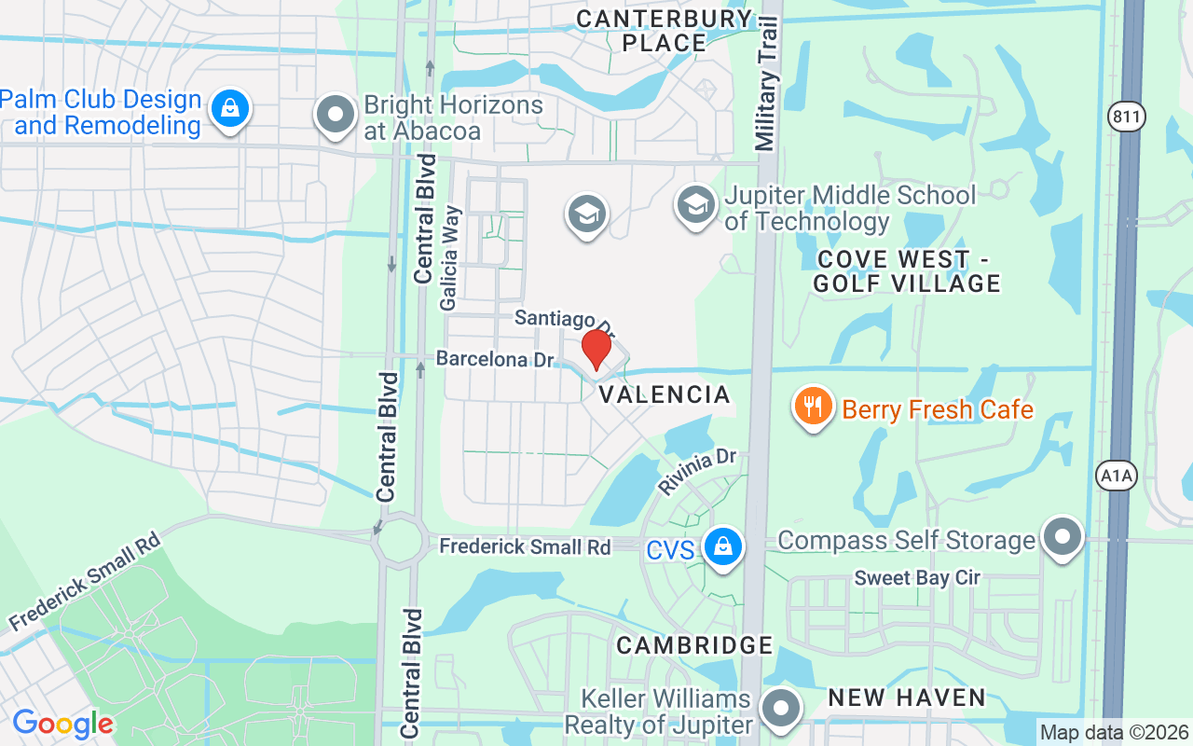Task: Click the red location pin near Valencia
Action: coord(596,350)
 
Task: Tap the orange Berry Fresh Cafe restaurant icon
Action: coord(814,407)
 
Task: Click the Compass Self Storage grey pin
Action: coord(1062,538)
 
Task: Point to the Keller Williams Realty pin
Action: coord(782,709)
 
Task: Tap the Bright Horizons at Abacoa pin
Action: coord(336,116)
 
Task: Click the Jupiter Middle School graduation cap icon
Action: coord(695,205)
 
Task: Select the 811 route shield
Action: coord(1128,117)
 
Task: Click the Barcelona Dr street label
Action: coord(495,359)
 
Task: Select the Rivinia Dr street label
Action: coord(697,471)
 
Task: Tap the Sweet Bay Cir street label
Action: coord(917,578)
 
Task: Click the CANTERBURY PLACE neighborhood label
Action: coord(665,31)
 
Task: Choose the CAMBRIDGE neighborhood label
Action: coord(694,645)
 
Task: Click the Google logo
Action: coord(62,724)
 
